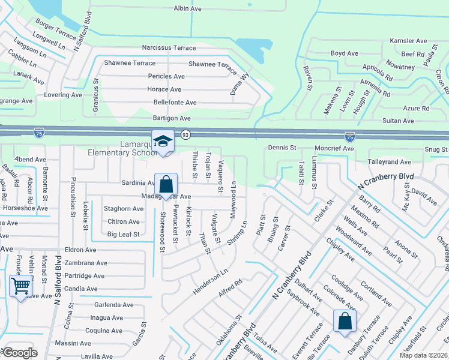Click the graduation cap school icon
(163, 141)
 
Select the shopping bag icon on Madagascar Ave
(166, 184)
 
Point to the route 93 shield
(185, 136)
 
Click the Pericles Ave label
(166, 76)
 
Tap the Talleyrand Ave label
(389, 162)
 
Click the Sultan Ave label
(399, 121)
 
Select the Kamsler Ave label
(408, 41)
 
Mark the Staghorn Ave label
(124, 209)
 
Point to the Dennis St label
(282, 147)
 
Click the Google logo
(20, 353)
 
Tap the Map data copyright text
(424, 355)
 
